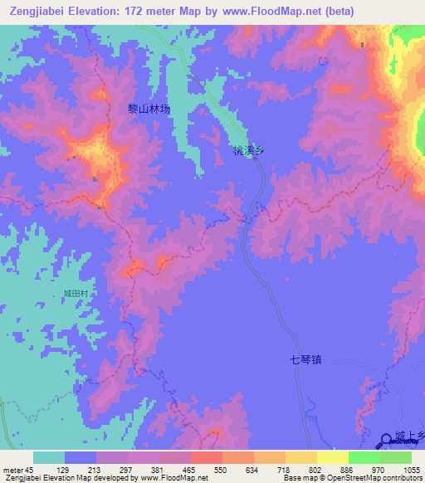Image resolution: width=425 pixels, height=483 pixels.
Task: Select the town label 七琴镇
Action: [x=305, y=359]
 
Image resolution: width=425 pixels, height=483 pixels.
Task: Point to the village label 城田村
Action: [x=76, y=294]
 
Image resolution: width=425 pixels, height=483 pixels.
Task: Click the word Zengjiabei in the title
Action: [x=38, y=12]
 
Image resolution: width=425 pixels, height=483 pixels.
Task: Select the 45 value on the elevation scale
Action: [x=30, y=470]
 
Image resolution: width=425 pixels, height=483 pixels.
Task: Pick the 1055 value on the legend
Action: [x=411, y=470]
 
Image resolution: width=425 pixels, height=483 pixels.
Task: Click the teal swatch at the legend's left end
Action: [x=49, y=458]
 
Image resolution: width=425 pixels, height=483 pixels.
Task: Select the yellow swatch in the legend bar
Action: [x=332, y=458]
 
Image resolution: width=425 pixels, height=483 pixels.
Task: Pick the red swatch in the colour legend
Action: [x=206, y=458]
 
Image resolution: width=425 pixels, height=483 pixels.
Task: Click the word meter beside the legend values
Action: [x=12, y=470]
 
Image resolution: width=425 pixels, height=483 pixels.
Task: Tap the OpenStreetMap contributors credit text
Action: [x=374, y=478]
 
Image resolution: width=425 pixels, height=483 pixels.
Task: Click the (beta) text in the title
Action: [x=337, y=12]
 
